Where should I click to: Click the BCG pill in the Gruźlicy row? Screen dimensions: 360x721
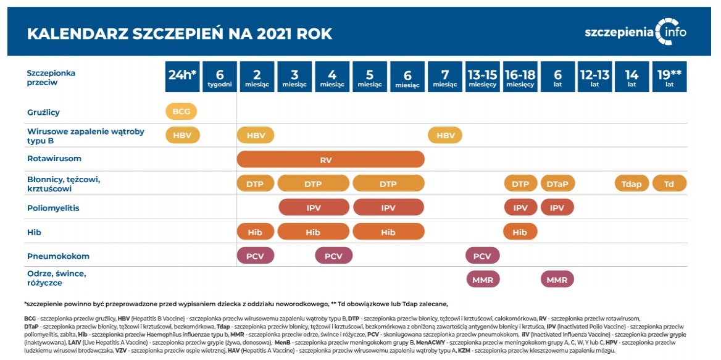[x=181, y=112]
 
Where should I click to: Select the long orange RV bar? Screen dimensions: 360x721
[x=331, y=159]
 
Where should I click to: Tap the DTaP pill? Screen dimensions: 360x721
[x=557, y=183]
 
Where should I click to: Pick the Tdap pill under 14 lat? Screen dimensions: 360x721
[x=631, y=183]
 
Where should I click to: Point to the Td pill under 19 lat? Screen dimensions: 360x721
[x=669, y=183]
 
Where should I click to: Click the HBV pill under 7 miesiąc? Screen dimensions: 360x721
[x=445, y=135]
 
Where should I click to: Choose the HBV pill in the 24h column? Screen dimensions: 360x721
[x=181, y=135]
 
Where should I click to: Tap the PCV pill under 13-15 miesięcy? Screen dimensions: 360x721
[x=482, y=256]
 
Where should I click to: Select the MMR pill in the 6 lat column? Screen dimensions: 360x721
[x=557, y=280]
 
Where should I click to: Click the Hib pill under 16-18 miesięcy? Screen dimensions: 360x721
[x=520, y=232]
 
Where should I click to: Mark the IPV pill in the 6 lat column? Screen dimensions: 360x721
[x=557, y=207]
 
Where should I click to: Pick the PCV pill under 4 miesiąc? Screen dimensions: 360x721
[x=333, y=256]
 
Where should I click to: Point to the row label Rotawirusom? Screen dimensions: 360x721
[x=54, y=159]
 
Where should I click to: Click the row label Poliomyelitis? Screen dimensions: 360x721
[x=53, y=208]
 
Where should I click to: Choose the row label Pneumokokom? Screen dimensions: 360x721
[x=58, y=256]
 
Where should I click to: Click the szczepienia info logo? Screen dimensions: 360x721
[x=635, y=32]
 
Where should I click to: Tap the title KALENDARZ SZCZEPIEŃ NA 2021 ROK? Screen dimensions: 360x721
[x=180, y=33]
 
